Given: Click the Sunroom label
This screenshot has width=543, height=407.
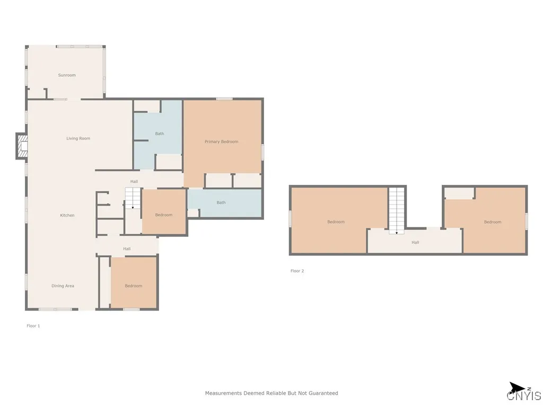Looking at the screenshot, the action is [x=67, y=75].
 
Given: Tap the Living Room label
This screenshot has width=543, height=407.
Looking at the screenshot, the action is [x=78, y=138].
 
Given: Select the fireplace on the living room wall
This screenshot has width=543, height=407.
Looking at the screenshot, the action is [x=22, y=146].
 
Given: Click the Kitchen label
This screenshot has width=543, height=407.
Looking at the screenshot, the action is [x=67, y=215].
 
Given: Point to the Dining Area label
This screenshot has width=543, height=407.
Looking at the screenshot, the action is [x=63, y=286].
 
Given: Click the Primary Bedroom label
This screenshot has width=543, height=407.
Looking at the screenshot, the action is [x=221, y=141].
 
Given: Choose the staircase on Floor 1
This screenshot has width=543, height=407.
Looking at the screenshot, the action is [x=133, y=198].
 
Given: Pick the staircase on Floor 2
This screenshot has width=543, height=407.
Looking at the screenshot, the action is [x=397, y=211].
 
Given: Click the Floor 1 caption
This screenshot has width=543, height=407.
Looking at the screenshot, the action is [x=33, y=326].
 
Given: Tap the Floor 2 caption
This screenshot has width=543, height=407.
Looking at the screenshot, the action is [x=297, y=271].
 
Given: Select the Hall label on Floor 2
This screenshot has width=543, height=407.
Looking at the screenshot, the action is [x=415, y=243].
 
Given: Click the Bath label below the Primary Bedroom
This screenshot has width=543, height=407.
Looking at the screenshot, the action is [x=221, y=202].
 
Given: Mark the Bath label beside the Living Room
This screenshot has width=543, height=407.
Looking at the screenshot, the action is [x=160, y=134].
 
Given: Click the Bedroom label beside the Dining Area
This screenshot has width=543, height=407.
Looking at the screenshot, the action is [x=133, y=286].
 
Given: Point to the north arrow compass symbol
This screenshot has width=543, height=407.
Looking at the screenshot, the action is [x=518, y=387].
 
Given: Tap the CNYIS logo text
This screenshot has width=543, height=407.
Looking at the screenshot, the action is [x=524, y=395].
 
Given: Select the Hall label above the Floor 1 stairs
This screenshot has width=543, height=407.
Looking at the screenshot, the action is [x=134, y=181].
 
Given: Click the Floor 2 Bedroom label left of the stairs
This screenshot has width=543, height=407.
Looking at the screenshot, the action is [x=336, y=222].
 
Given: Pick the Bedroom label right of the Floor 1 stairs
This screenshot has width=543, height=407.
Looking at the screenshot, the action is [x=164, y=215].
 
